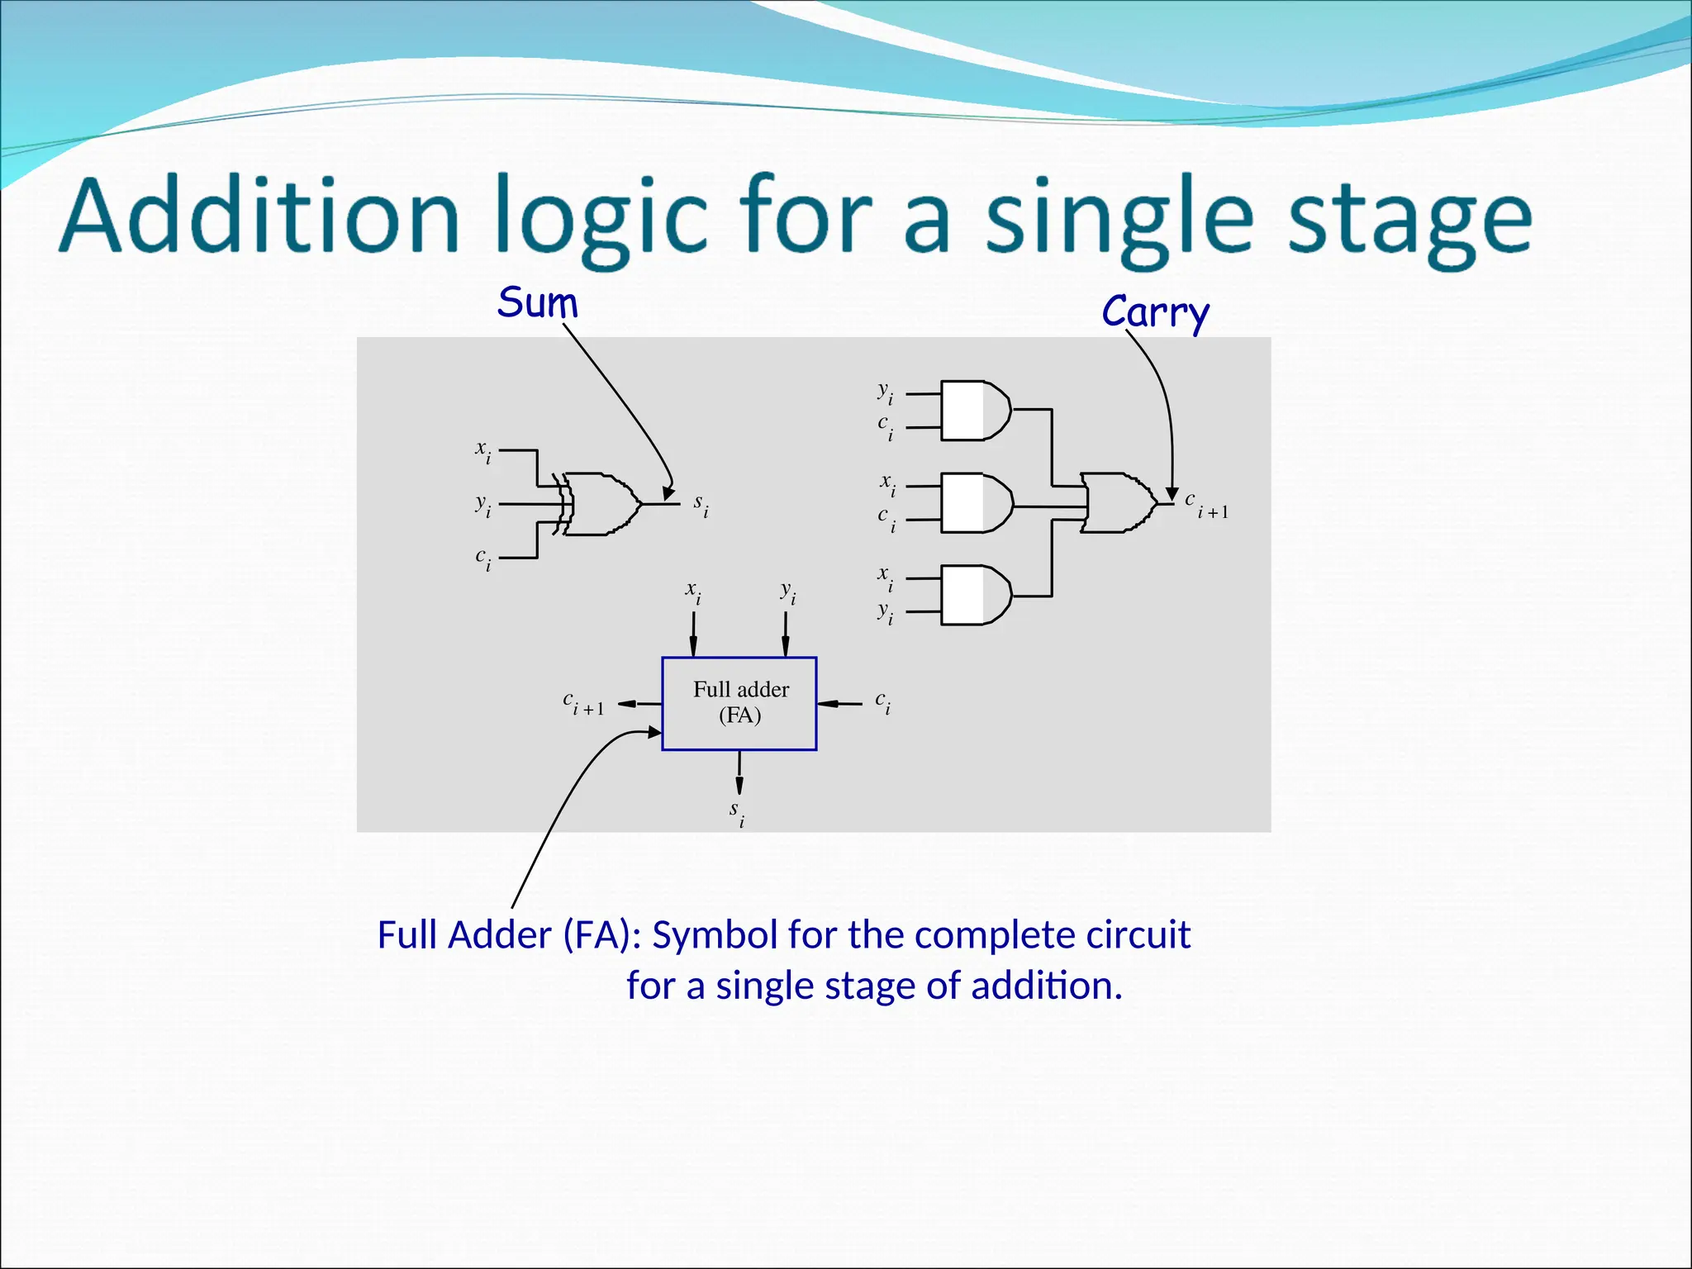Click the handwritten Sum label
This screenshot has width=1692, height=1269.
[x=537, y=302]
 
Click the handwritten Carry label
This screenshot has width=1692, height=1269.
[x=1155, y=312]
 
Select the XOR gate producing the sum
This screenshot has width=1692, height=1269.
[x=601, y=504]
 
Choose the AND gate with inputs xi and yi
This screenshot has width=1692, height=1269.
[x=975, y=595]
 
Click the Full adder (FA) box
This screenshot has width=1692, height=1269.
[x=739, y=703]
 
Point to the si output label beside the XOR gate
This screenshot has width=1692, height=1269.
[x=701, y=504]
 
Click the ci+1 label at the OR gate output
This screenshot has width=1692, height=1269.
[x=1206, y=504]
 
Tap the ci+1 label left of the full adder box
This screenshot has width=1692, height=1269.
[x=583, y=703]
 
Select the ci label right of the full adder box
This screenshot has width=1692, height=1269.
[x=883, y=703]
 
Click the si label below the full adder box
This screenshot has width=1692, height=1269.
[x=737, y=812]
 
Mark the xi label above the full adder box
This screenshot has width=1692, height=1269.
[x=693, y=592]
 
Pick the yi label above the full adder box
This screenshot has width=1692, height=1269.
[x=788, y=592]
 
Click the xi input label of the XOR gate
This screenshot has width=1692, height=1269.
[x=483, y=451]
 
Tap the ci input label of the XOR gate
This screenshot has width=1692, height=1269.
[x=483, y=558]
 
